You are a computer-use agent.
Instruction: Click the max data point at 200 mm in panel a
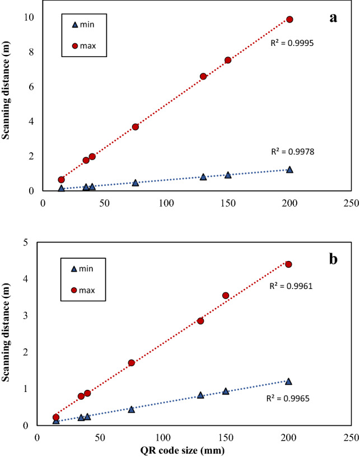coord(289,19)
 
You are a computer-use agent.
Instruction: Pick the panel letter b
coord(334,261)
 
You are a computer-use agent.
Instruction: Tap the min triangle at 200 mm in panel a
coord(289,169)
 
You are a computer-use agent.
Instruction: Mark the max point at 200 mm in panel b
coord(288,264)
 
